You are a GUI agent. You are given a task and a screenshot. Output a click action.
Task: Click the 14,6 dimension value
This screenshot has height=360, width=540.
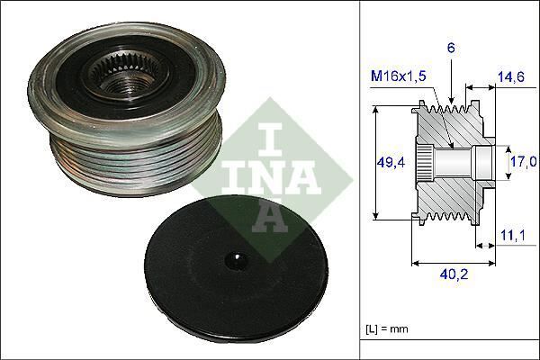511,79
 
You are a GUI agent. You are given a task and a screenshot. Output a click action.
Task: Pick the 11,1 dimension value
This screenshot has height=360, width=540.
511,237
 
